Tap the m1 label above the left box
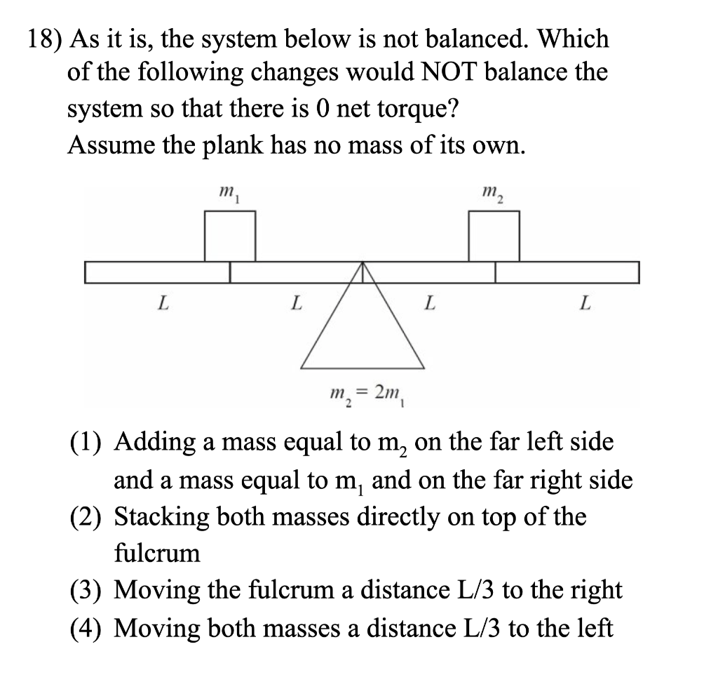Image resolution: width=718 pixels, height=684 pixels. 226,192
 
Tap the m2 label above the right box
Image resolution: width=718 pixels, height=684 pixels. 492,192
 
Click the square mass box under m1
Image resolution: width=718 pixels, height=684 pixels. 229,236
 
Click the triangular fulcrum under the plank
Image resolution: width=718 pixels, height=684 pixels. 363,330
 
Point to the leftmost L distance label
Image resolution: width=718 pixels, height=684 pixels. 163,304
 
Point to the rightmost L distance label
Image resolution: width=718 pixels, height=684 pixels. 585,304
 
